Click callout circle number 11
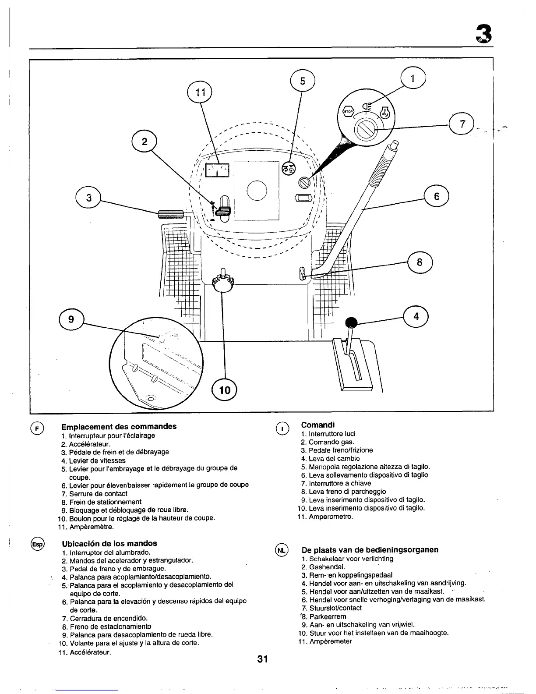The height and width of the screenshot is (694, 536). (199, 92)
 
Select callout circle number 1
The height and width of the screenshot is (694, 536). (413, 78)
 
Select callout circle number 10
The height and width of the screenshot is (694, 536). (224, 389)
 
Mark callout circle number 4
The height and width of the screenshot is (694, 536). (416, 316)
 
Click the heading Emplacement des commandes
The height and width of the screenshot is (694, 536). (119, 427)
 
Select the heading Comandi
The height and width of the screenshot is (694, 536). (318, 425)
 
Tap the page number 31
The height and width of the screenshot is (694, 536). (263, 659)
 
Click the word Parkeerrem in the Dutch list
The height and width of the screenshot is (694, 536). (328, 616)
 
